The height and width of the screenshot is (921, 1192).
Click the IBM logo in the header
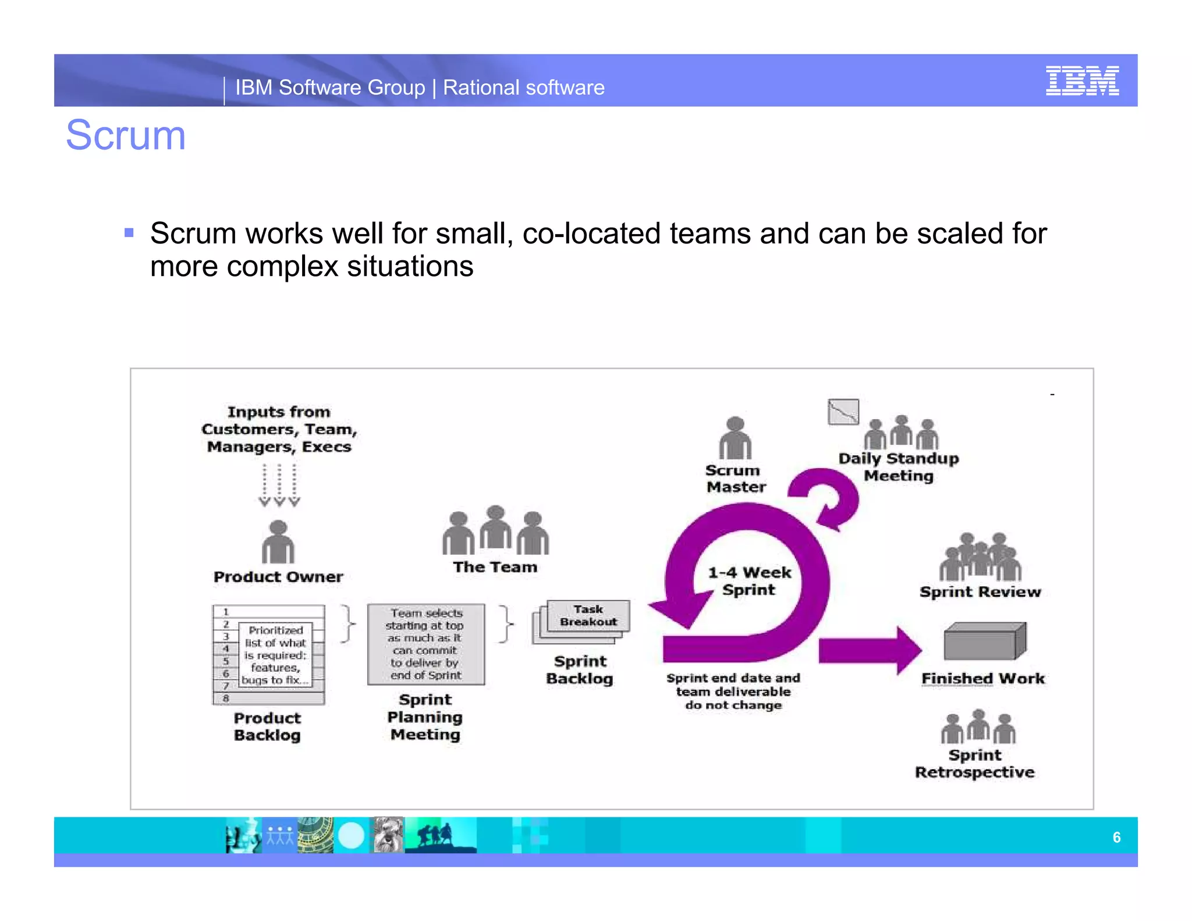[x=1081, y=81]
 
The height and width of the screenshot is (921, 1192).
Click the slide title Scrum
[x=126, y=135]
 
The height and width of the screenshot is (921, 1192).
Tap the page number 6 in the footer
[x=1116, y=837]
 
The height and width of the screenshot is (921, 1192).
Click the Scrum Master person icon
[x=735, y=438]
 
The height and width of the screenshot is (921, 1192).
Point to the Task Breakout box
[x=588, y=616]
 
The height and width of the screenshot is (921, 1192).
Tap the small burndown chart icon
[x=843, y=412]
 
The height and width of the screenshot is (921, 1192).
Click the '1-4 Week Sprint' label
[x=749, y=581]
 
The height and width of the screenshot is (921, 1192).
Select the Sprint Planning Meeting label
[x=425, y=717]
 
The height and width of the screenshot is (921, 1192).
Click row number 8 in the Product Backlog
[x=226, y=698]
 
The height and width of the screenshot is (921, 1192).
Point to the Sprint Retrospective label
[x=975, y=763]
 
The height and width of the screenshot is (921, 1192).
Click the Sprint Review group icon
[x=980, y=557]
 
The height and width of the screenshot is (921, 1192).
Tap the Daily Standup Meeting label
[x=899, y=467]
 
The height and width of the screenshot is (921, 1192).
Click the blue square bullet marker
[x=129, y=233]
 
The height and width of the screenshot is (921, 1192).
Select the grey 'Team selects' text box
[x=426, y=644]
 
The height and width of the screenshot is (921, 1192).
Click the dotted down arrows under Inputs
[x=279, y=485]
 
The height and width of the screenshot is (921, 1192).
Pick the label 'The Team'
[x=495, y=567]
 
